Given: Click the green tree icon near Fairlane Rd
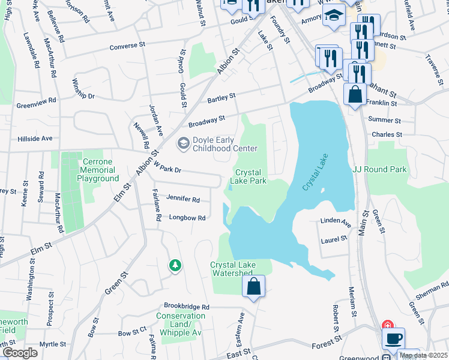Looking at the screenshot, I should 175,265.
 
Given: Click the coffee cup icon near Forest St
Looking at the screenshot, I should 393,338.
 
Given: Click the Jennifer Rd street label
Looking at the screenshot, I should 183,199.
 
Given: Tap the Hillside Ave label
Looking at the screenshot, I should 35,138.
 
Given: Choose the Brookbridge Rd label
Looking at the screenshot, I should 188,307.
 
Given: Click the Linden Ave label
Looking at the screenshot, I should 337,223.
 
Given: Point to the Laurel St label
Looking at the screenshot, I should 334,239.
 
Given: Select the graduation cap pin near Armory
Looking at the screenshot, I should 334,17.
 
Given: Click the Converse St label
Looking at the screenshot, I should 127,46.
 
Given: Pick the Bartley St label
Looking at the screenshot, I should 221,97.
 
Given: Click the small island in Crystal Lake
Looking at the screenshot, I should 323,191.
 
